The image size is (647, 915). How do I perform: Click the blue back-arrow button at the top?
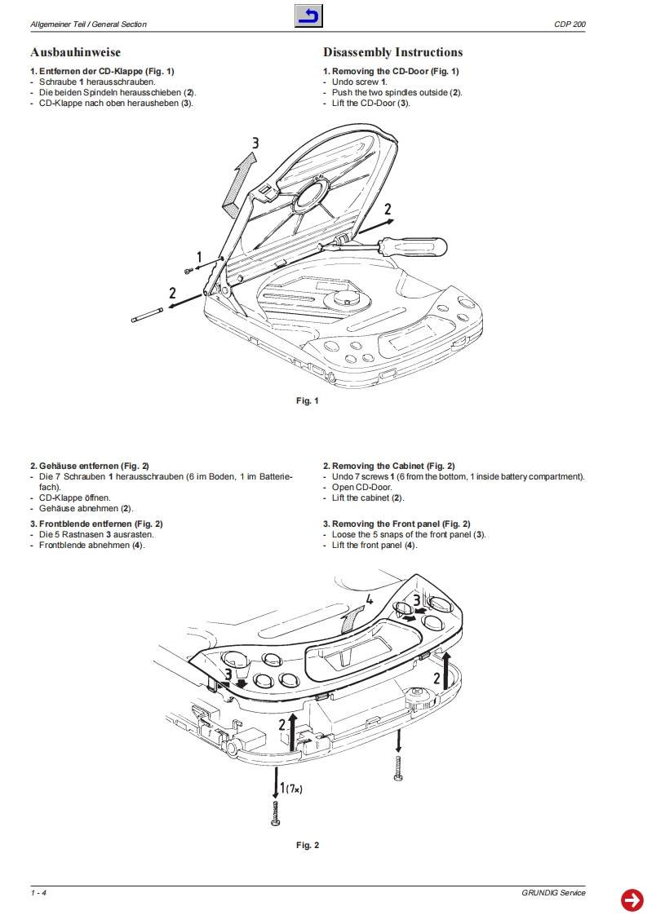[x=308, y=16]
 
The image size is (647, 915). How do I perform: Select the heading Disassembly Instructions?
[x=392, y=53]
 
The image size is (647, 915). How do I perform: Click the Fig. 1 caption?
[x=307, y=400]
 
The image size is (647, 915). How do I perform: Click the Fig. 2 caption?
[x=307, y=845]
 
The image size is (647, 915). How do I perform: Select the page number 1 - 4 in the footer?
[x=38, y=893]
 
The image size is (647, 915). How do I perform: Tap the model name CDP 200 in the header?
[x=569, y=24]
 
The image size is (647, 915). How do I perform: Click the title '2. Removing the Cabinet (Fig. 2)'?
[x=388, y=466]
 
